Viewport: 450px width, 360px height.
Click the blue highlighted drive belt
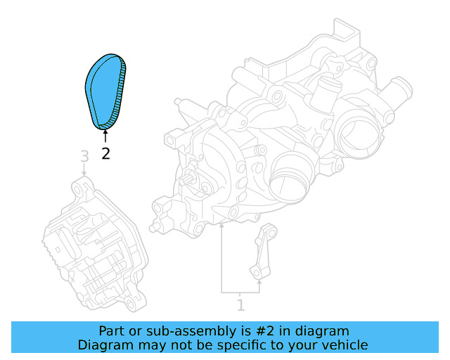105,90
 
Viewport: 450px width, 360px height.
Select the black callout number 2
105,153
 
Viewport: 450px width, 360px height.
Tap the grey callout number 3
84,155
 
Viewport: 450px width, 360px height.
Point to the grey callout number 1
240,305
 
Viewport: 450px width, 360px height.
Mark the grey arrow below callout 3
84,173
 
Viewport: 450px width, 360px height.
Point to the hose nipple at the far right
401,91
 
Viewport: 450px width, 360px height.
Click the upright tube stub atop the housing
327,89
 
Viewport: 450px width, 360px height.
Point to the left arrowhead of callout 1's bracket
221,227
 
